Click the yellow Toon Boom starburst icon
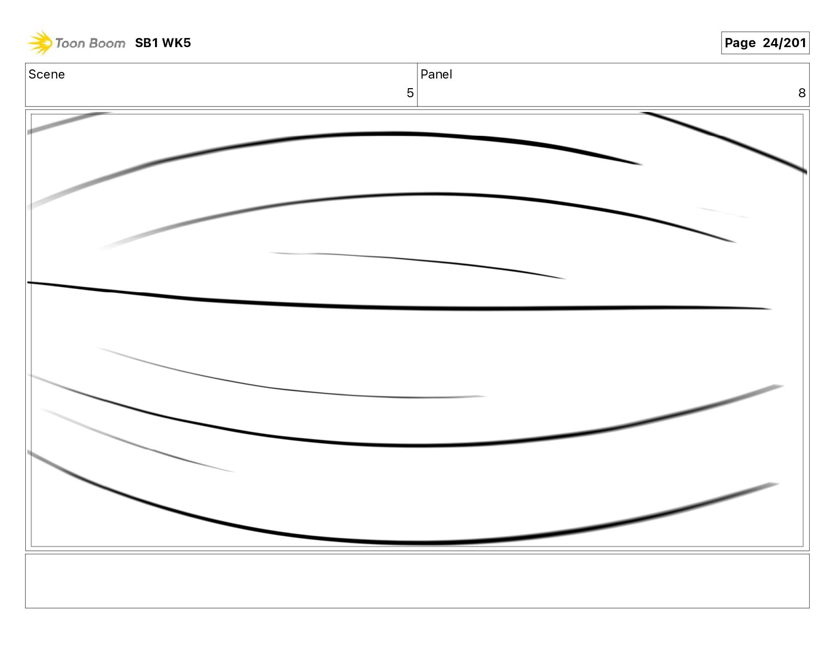click(40, 43)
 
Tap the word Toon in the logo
click(69, 43)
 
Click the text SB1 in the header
click(146, 43)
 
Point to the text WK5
click(177, 43)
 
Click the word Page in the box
click(740, 43)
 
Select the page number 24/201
click(784, 43)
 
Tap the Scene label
click(47, 74)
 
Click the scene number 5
click(410, 93)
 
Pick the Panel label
click(436, 74)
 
